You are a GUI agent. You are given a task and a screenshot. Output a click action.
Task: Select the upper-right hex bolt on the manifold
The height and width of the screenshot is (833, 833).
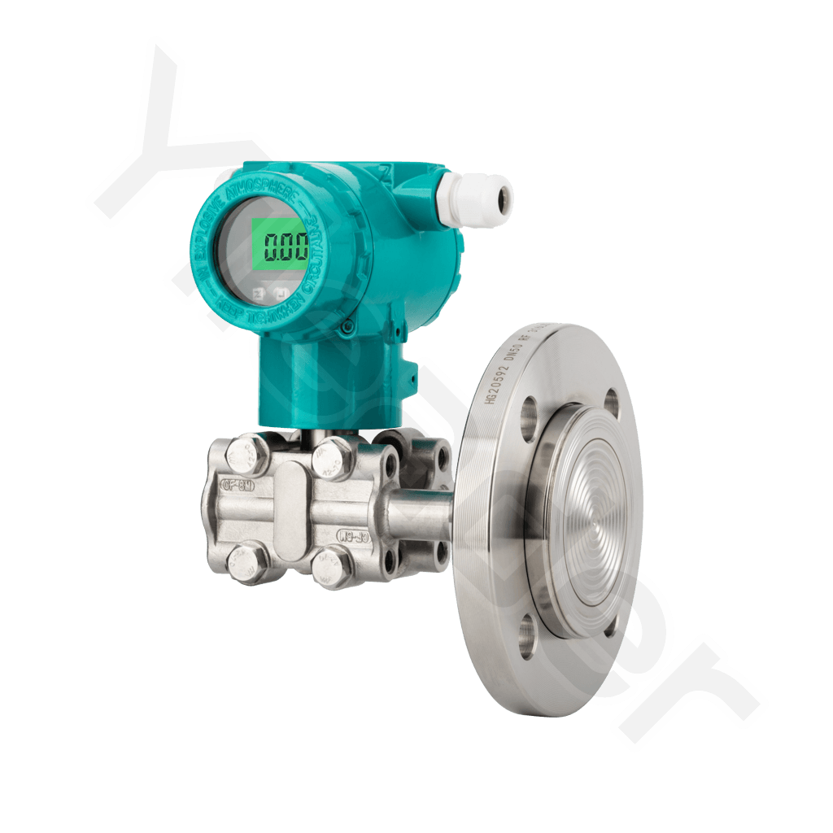click(331, 458)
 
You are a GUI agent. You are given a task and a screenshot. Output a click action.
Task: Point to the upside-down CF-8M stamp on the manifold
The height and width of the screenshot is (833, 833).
click(351, 534)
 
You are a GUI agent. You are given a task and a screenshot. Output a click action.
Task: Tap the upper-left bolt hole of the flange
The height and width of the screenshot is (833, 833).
click(528, 414)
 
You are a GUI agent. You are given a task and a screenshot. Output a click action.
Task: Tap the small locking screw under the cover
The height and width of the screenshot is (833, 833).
click(347, 327)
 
